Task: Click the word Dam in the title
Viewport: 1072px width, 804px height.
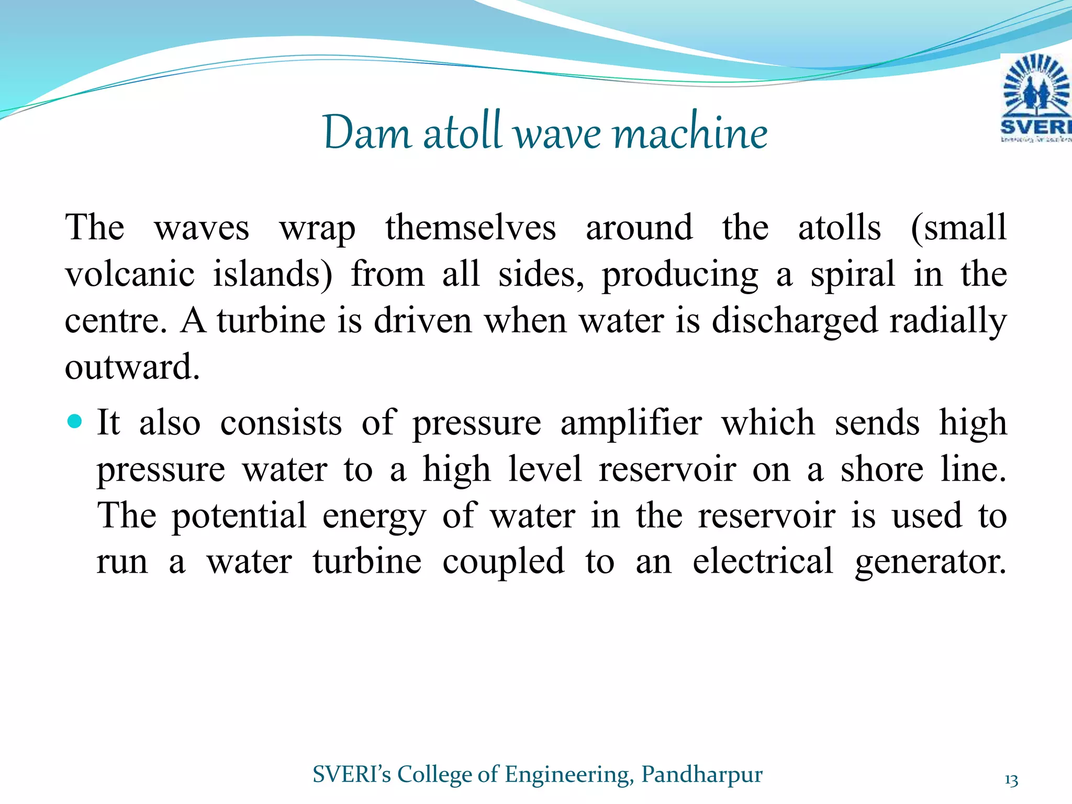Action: [x=367, y=133]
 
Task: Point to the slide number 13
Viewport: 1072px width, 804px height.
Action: [x=1011, y=780]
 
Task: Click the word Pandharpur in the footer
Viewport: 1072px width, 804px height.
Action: [x=702, y=774]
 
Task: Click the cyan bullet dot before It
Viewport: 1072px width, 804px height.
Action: [x=75, y=421]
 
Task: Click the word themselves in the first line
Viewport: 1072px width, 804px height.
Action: [x=471, y=228]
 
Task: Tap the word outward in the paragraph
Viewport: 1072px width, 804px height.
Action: [x=132, y=367]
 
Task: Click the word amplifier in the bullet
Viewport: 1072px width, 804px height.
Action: [x=631, y=423]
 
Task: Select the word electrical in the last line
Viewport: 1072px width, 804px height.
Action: [x=763, y=561]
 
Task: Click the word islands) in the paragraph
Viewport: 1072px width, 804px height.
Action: [x=273, y=274]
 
